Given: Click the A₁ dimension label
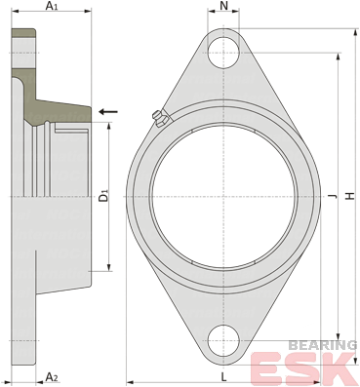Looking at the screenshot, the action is [52, 6].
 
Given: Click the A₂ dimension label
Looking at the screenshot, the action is [52, 377].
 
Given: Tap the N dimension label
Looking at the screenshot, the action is [223, 6].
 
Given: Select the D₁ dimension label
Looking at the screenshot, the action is [103, 196].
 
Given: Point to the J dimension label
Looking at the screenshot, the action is [332, 196].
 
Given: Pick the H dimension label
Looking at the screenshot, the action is [350, 196].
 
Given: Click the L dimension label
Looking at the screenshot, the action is [223, 377].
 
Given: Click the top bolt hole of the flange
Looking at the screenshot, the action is [223, 53].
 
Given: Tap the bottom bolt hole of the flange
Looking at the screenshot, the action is [223, 340].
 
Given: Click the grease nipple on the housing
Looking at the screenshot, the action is [159, 118].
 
